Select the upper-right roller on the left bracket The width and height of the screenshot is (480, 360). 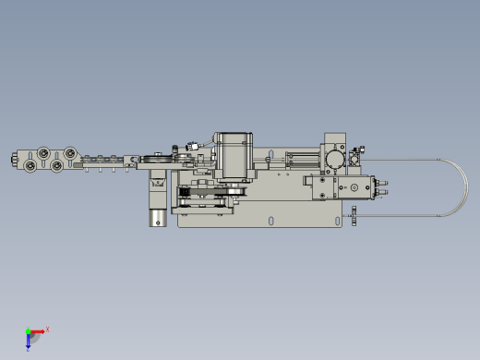click(67, 151)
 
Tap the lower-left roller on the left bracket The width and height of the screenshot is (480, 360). click(31, 165)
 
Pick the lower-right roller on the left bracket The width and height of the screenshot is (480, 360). click(58, 165)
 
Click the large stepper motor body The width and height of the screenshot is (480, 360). click(234, 156)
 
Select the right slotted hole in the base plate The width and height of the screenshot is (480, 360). click(271, 220)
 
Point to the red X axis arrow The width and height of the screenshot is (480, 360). click(39, 330)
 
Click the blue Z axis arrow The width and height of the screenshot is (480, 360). click(29, 342)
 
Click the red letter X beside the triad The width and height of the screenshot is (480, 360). click(47, 329)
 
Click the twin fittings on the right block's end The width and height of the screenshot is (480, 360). click(384, 188)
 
